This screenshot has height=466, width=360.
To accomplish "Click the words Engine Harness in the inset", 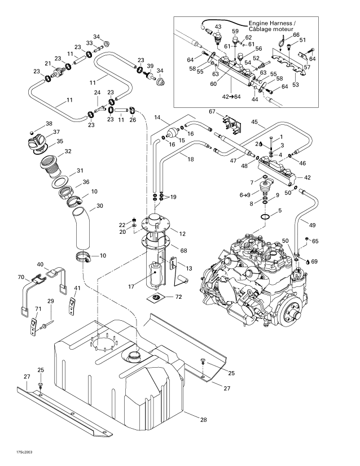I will click(269, 23).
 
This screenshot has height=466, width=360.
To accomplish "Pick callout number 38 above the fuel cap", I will click(49, 124).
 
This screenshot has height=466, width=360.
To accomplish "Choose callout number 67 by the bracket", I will click(212, 111).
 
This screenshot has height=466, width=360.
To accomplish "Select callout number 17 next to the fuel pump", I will click(131, 287).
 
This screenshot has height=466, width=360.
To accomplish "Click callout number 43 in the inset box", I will click(218, 27).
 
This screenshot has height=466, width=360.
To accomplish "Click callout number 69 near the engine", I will click(314, 262).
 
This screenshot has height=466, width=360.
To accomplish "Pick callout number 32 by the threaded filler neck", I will click(68, 151).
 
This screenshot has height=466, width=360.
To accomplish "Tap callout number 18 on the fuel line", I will click(190, 160).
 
